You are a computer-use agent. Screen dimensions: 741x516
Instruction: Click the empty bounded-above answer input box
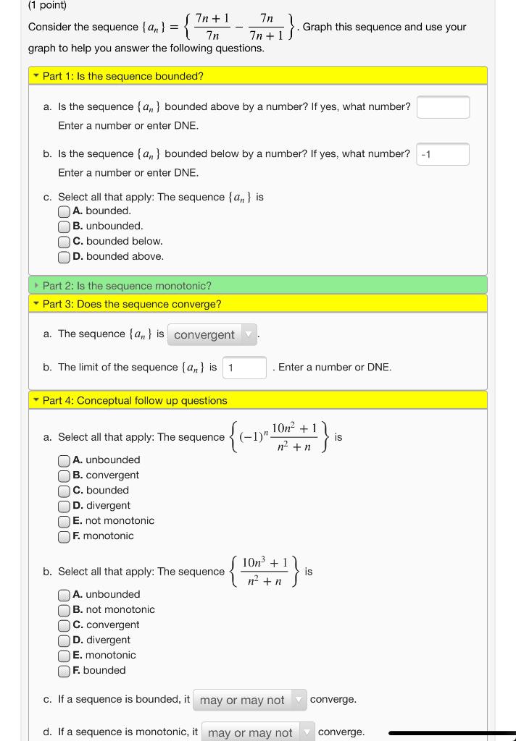443,107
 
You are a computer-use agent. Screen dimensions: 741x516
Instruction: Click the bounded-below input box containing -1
443,154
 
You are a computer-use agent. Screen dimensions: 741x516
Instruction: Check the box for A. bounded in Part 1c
64,211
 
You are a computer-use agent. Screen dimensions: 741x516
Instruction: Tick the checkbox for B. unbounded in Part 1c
64,226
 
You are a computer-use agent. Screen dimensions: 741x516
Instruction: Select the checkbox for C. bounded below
64,242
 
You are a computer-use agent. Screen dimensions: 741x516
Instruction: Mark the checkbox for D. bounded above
64,257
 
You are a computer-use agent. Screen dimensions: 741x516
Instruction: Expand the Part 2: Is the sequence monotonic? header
127,286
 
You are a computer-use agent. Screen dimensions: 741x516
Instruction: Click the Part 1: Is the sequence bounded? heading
122,76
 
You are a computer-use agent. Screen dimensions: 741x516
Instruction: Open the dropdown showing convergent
212,335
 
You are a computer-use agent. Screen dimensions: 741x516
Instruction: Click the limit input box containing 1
244,368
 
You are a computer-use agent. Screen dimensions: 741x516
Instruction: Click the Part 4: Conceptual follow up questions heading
134,401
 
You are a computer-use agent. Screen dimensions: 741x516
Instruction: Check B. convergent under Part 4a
64,475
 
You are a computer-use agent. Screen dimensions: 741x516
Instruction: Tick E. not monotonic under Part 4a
64,521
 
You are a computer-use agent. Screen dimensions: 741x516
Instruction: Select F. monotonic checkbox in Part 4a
64,536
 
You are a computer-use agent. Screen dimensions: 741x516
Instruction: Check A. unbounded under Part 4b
64,595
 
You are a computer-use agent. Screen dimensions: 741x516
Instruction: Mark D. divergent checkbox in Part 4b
64,640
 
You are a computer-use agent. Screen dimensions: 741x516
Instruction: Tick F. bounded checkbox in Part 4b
64,671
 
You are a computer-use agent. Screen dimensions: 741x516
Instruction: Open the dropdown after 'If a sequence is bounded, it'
250,700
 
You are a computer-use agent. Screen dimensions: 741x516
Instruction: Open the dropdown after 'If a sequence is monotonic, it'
258,732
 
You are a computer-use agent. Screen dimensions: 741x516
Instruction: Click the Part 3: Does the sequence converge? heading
132,304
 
